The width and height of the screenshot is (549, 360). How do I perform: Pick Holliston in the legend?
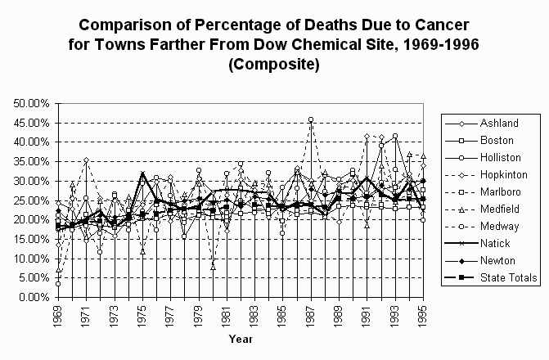pyautogui.click(x=497, y=158)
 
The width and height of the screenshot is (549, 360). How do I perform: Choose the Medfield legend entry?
pyautogui.click(x=497, y=209)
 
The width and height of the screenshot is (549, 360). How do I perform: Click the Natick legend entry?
pyautogui.click(x=493, y=244)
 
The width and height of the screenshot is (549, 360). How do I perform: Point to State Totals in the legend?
pyautogui.click(x=506, y=278)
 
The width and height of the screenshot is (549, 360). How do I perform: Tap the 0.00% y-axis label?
pyautogui.click(x=34, y=297)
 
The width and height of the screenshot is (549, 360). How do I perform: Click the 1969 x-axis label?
pyautogui.click(x=57, y=315)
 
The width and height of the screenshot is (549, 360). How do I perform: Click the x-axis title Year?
pyautogui.click(x=241, y=339)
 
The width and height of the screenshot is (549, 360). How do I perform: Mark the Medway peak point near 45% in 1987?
pyautogui.click(x=311, y=120)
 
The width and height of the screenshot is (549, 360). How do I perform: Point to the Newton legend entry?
pyautogui.click(x=495, y=261)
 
